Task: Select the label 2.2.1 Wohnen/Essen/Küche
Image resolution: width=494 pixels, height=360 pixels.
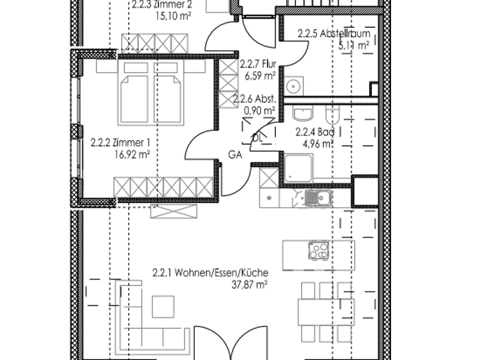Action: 210,272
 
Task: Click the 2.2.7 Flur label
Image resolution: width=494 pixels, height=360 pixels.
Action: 257,65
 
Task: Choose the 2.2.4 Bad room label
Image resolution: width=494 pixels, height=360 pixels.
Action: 315,133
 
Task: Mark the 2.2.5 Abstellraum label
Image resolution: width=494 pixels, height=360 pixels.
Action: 333,35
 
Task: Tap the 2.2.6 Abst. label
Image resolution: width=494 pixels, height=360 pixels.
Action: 255,99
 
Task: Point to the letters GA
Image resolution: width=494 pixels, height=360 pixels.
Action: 235,154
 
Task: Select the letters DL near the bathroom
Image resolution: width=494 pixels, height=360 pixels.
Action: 257,138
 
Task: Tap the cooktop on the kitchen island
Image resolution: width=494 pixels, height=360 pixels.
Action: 318,251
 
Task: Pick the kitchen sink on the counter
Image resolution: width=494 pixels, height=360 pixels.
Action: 315,198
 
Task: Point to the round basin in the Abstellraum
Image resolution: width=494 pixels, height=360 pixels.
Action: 294,85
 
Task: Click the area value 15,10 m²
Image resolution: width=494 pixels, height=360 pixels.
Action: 171,17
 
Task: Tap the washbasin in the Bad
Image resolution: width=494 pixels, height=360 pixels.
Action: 301,115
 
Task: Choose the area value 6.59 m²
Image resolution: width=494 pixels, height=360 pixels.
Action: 260,76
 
